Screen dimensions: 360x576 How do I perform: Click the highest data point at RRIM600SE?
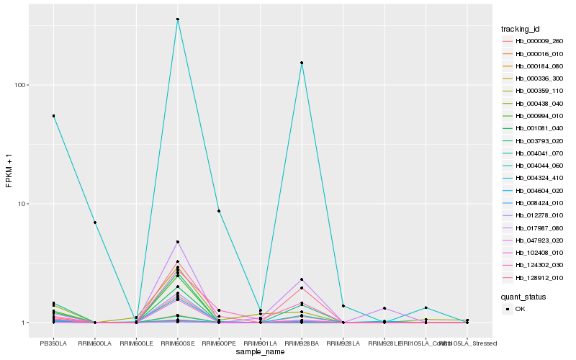(178, 19)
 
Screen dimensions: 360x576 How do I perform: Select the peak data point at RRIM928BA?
(302, 63)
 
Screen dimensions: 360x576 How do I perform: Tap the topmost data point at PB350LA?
(53, 116)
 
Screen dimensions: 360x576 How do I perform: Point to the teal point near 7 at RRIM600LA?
(95, 222)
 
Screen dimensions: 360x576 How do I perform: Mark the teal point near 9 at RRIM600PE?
(219, 211)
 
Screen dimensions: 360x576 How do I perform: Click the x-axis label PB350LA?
(53, 343)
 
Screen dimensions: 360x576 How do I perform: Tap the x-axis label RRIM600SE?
(178, 343)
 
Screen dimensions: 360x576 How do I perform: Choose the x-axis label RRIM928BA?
(302, 343)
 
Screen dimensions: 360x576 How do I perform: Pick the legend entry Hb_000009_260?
(539, 42)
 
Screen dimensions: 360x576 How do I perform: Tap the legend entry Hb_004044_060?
(539, 166)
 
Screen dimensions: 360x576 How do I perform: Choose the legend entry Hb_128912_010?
(539, 277)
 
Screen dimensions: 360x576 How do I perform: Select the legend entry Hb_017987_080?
(539, 228)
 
